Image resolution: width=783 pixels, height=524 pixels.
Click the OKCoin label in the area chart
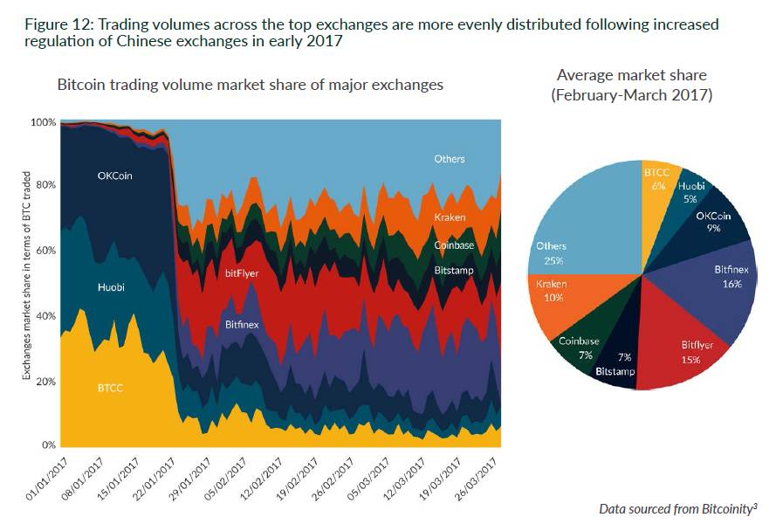115,176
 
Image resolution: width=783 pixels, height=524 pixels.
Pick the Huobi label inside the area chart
111,286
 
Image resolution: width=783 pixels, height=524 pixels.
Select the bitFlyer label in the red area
242,273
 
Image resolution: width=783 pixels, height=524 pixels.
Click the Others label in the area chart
450,159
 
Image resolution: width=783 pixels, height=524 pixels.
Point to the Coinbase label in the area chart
454,245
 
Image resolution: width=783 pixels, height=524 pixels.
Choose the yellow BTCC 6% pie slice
656,183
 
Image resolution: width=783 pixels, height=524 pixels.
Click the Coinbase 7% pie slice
580,345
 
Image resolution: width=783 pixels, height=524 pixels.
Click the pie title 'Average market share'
631,75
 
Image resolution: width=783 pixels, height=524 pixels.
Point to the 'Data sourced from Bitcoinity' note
677,508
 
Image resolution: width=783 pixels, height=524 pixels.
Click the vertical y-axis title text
26,275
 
